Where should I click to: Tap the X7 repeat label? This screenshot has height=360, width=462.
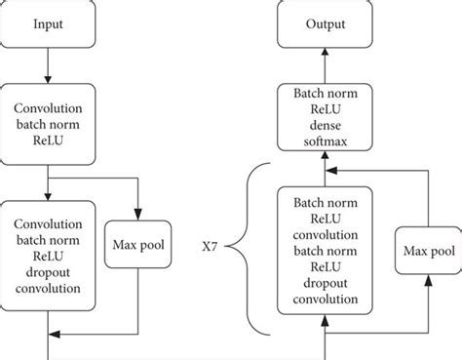point(221,248)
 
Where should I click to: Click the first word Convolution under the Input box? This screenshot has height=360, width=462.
point(49,109)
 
